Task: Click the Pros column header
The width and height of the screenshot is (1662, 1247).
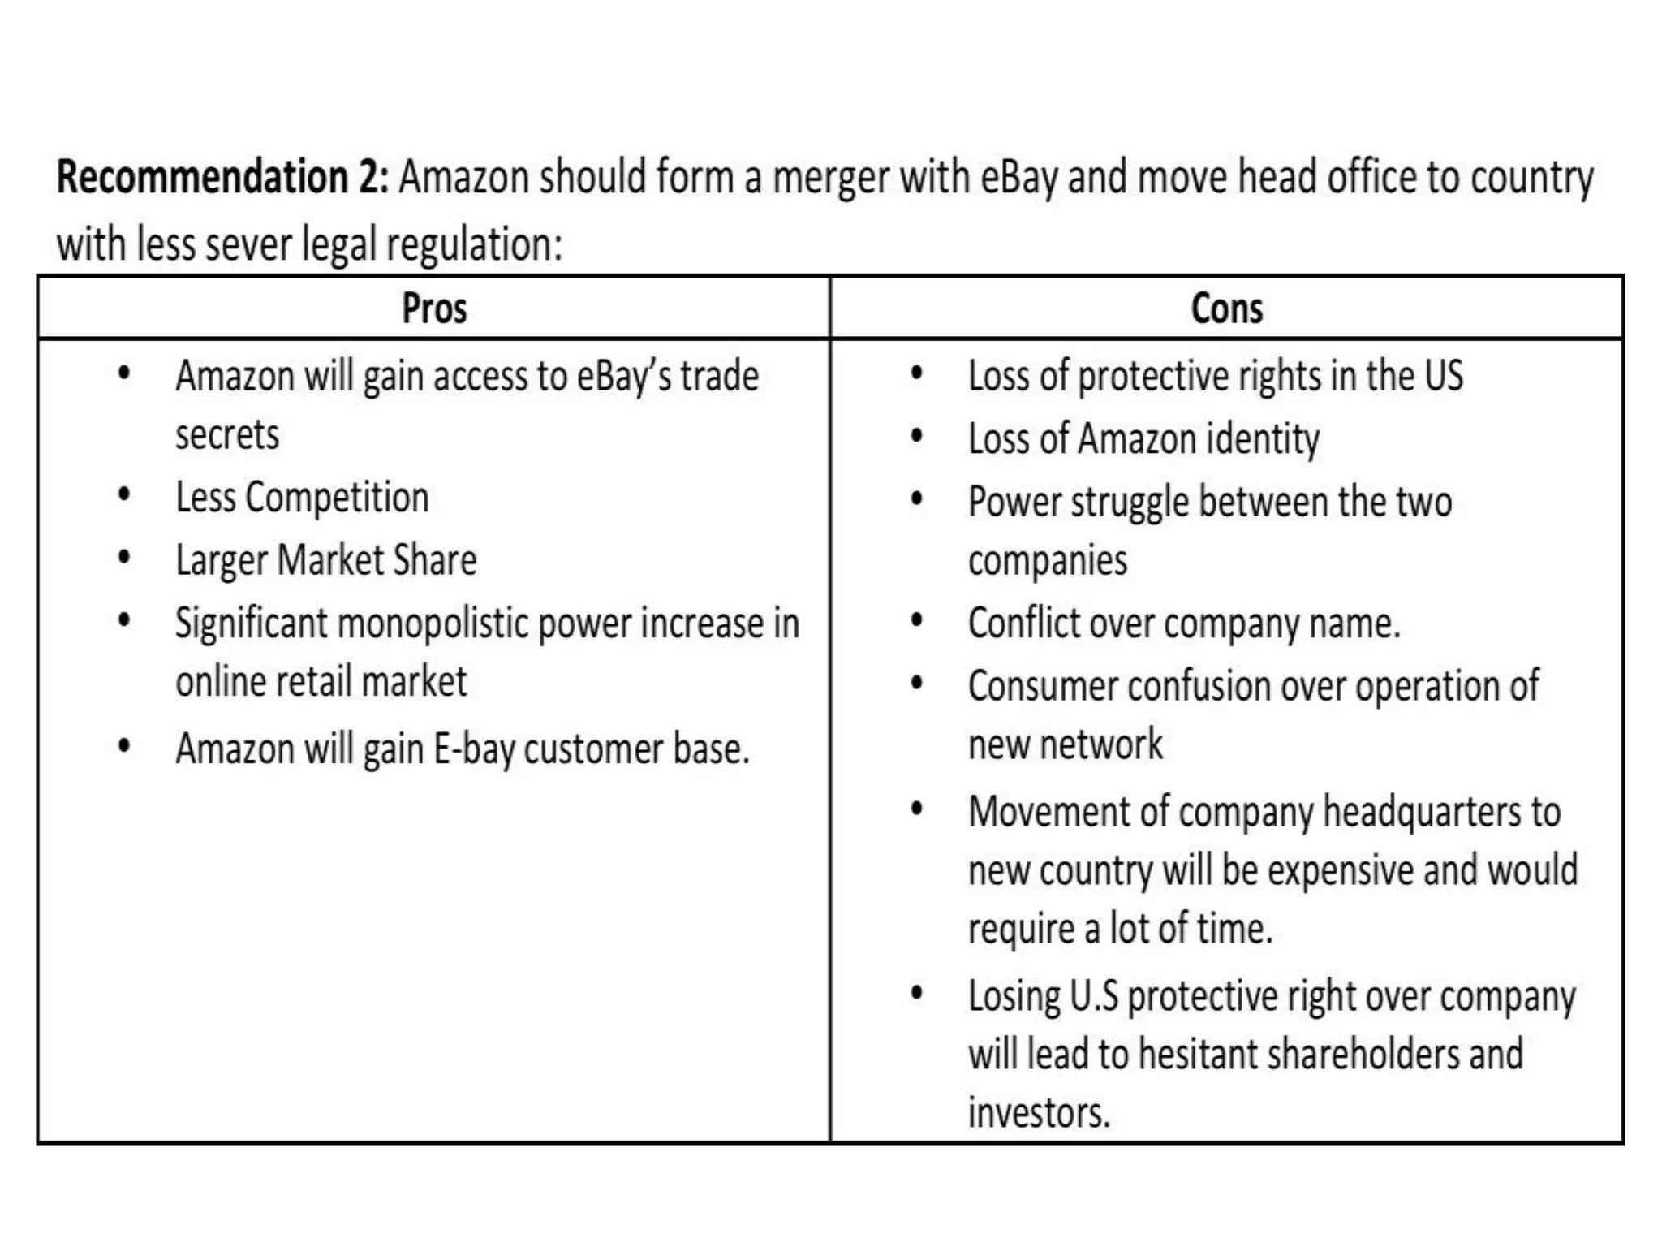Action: point(434,309)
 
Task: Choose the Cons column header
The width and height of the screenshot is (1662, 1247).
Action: point(1226,309)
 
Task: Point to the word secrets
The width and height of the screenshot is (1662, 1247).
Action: point(227,435)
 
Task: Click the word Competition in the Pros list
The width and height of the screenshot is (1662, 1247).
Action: point(337,498)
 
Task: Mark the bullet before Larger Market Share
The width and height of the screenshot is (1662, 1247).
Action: point(124,558)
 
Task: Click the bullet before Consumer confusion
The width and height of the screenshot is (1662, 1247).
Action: point(917,683)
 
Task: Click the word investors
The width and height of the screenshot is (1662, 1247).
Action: point(1039,1113)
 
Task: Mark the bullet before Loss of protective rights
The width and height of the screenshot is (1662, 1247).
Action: point(917,373)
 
